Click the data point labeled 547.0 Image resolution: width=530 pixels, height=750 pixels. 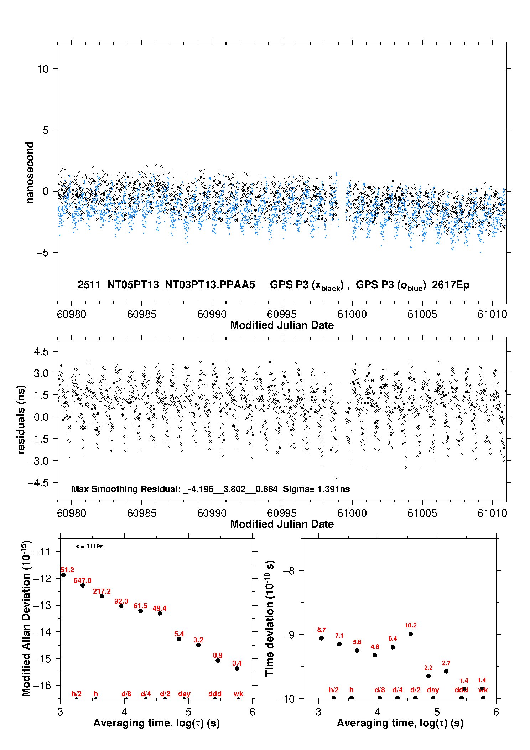click(x=83, y=585)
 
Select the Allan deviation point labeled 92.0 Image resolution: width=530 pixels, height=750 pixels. click(x=121, y=606)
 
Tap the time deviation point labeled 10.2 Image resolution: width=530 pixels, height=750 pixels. click(x=411, y=634)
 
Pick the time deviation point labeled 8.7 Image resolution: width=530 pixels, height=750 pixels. click(x=322, y=638)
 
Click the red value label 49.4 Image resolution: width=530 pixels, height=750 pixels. click(x=160, y=608)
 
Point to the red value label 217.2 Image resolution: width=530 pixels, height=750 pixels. click(x=102, y=591)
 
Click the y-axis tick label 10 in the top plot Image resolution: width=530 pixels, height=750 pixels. click(x=43, y=69)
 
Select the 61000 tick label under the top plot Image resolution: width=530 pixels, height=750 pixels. click(x=352, y=314)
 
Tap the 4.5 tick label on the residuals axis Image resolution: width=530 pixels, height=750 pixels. click(x=41, y=352)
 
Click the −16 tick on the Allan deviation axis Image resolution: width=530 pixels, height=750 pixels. click(x=42, y=685)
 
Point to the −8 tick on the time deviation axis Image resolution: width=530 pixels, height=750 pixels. click(x=289, y=571)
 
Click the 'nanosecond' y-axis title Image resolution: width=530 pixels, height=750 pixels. click(x=30, y=173)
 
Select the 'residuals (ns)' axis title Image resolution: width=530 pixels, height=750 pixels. click(x=21, y=419)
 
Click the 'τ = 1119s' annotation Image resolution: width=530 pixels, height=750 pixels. click(x=90, y=547)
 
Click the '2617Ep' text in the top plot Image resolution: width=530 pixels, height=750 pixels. click(x=450, y=285)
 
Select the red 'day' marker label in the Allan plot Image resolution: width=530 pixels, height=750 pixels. click(x=184, y=694)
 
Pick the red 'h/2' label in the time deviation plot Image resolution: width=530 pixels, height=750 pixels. click(x=333, y=690)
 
